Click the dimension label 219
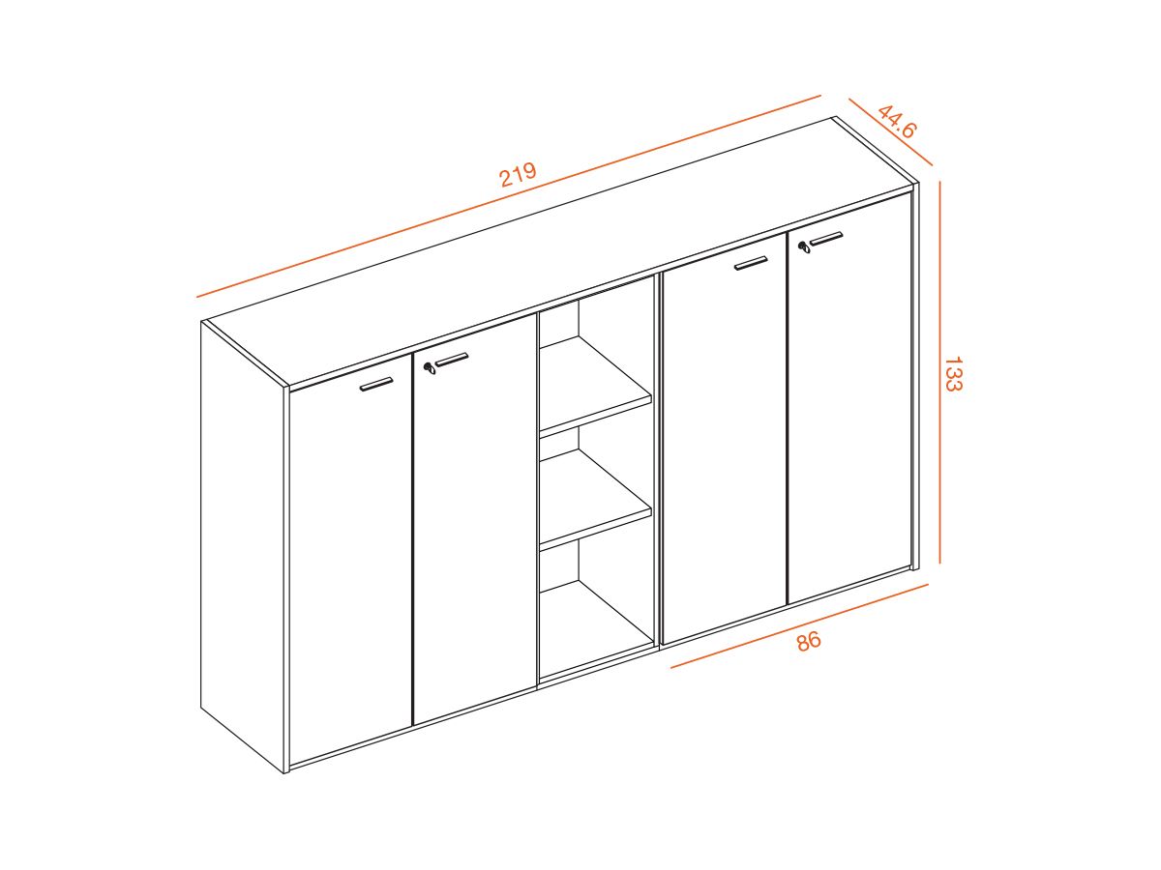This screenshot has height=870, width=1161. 518,175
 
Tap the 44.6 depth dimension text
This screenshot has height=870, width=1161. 897,121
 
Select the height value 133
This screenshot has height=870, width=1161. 952,374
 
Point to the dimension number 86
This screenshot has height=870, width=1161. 809,640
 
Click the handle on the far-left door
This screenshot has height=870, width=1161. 376,384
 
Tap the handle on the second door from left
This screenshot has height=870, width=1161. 451,361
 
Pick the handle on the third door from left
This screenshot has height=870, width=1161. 751,262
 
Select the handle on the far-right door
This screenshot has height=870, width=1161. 826,238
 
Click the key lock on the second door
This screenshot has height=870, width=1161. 429,367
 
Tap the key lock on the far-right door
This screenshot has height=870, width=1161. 803,247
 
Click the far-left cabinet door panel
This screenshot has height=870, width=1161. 350,570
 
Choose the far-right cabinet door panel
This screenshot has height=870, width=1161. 849,416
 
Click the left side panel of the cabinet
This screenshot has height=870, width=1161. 242,541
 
